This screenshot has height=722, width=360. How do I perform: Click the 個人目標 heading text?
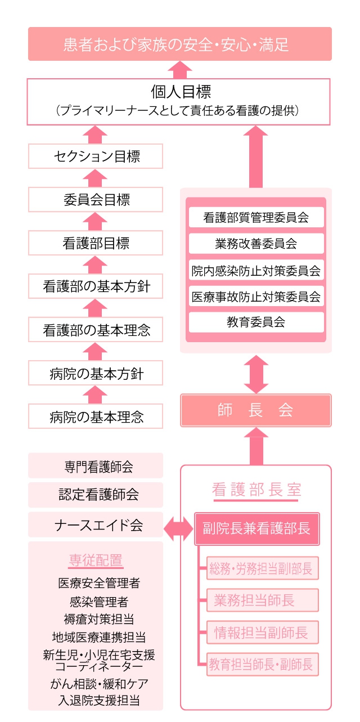181,92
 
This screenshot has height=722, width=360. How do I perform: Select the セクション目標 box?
96,156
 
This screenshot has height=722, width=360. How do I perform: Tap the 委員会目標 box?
96,200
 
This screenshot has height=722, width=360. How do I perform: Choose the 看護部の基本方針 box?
96,286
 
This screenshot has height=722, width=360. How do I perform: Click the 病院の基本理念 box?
96,416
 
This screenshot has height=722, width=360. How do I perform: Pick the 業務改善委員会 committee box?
256,243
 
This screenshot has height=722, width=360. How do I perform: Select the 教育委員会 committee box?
256,322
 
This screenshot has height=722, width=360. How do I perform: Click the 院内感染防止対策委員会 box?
256,270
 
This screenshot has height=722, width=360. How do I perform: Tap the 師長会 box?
256,410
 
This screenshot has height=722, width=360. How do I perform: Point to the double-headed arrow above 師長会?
256,374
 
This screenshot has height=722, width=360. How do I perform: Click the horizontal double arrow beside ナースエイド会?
178,528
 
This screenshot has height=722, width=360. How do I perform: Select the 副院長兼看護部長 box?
257,528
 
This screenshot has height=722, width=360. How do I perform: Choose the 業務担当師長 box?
262,600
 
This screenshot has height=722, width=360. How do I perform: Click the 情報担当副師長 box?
262,632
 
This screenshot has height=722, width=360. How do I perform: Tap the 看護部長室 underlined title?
256,491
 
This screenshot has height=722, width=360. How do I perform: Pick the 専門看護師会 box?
96,466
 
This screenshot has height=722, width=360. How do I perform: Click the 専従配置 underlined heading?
96,561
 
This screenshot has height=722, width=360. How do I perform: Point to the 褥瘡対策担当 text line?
98,619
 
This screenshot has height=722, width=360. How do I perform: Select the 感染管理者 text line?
99,602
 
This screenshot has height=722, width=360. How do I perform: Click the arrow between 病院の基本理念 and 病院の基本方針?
95,395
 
